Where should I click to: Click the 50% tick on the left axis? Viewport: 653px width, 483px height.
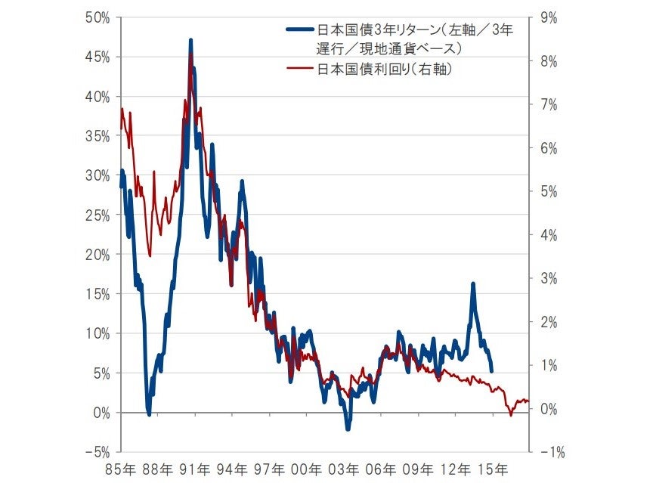tap(97, 17)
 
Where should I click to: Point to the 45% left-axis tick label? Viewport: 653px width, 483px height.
tap(97, 57)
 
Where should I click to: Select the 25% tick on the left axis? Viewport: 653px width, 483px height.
tap(97, 215)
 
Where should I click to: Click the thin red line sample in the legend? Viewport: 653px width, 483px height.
tap(302, 69)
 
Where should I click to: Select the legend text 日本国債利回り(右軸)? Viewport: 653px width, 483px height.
tap(385, 69)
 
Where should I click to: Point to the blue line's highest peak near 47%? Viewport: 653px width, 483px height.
tap(190, 39)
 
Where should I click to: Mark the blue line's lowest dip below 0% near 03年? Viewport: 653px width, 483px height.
tap(348, 429)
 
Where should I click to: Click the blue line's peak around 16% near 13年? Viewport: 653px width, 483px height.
tap(472, 284)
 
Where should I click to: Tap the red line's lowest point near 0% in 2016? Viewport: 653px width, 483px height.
tap(511, 415)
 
